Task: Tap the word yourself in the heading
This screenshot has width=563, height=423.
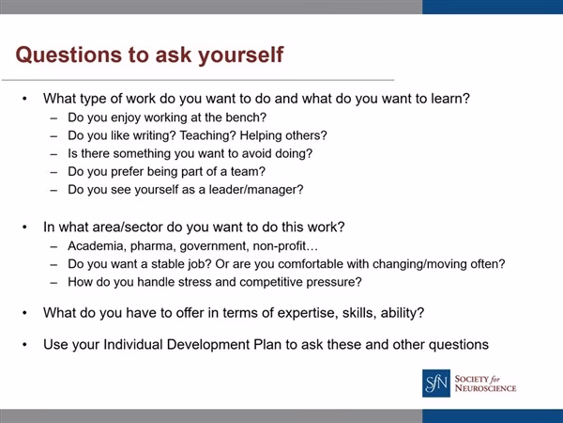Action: [x=240, y=54]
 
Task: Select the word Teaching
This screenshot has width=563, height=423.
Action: [x=220, y=134]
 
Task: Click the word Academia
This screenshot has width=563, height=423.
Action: [x=96, y=247]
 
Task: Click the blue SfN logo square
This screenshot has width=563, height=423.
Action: [x=436, y=383]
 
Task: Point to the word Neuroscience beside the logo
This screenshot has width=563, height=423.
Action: [x=486, y=387]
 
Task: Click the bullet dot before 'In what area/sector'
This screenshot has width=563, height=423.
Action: [x=25, y=227]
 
